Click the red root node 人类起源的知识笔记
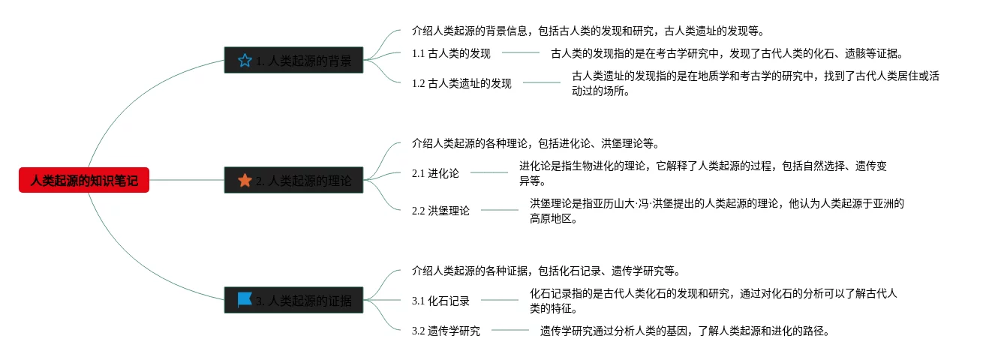pos(84,180)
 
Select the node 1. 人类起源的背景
pos(294,61)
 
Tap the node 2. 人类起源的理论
pos(294,180)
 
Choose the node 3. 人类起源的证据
pos(294,301)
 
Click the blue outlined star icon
pos(245,61)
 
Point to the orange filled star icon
pos(245,180)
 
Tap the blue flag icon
pos(245,300)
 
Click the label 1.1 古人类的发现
pos(451,53)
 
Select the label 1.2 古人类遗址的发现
pos(461,83)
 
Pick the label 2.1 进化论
pos(435,173)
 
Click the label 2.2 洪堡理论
pos(440,211)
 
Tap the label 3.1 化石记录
pos(440,301)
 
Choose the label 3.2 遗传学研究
pos(446,331)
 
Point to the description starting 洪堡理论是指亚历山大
pos(717,211)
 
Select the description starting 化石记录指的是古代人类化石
pos(713,301)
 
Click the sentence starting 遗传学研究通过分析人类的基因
pos(684,331)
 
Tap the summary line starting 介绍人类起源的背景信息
pos(588,31)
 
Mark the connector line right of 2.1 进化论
pos(489,173)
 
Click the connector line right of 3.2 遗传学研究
pos(510,330)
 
